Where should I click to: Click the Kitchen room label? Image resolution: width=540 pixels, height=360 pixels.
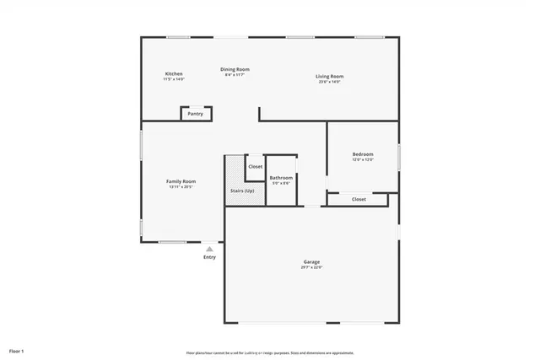(x=174, y=74)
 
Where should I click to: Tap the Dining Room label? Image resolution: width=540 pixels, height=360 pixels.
(x=235, y=69)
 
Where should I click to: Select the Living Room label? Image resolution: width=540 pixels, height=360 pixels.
(x=330, y=76)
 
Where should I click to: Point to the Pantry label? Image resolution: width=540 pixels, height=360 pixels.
(x=195, y=114)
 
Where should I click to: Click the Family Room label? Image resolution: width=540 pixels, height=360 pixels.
(x=181, y=181)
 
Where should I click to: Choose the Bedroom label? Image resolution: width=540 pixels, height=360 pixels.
(x=363, y=154)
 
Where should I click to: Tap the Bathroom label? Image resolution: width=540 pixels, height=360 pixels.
(x=281, y=177)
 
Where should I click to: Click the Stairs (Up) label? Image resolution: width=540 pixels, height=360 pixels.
(x=242, y=191)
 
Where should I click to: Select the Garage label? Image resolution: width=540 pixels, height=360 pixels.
(x=311, y=261)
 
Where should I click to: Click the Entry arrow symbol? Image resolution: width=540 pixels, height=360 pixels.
(x=209, y=249)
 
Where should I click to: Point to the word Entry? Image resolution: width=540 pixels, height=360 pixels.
(x=209, y=257)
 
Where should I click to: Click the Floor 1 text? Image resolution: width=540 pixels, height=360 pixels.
(x=17, y=350)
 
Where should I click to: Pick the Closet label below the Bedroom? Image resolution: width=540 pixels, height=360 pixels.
(x=359, y=200)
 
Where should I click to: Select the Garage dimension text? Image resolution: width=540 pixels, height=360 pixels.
(x=311, y=267)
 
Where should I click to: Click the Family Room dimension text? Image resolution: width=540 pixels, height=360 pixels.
(x=181, y=187)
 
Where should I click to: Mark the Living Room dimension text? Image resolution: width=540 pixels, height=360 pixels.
(x=330, y=82)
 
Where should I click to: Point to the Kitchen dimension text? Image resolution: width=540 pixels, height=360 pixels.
(x=174, y=79)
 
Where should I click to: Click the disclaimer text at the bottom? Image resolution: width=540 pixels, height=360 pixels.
(x=269, y=352)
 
